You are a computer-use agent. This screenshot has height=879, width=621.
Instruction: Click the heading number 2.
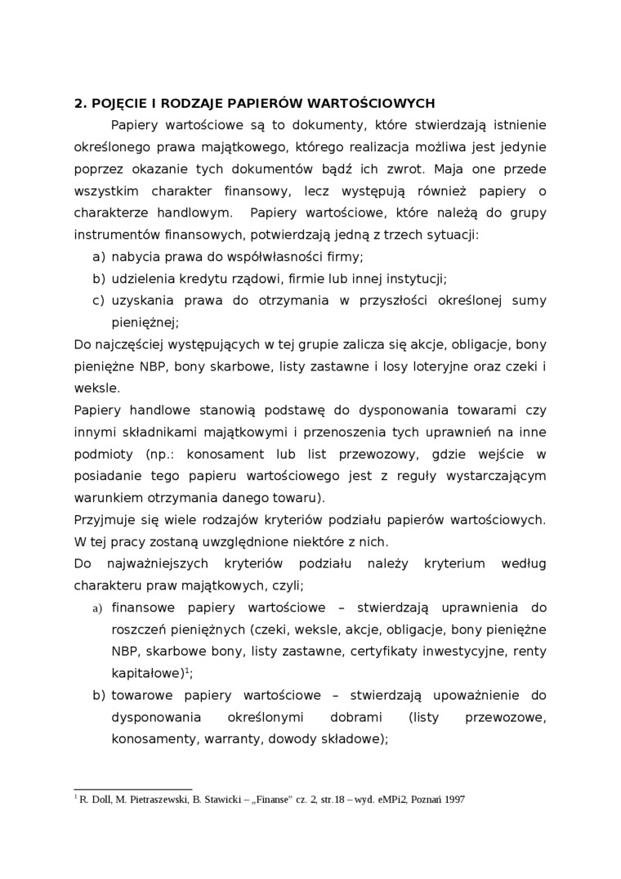79,103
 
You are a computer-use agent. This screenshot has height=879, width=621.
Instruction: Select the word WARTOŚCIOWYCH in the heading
368,103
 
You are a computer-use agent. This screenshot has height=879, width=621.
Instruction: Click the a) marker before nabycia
98,257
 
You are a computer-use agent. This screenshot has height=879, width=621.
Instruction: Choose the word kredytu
199,279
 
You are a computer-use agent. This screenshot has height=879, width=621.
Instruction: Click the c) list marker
98,301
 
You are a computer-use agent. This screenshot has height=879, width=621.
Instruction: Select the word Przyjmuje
100,519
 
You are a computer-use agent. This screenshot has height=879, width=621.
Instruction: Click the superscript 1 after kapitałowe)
187,670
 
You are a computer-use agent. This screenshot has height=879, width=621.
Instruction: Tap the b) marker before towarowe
98,695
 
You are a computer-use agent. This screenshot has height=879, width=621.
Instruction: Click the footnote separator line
132,790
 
